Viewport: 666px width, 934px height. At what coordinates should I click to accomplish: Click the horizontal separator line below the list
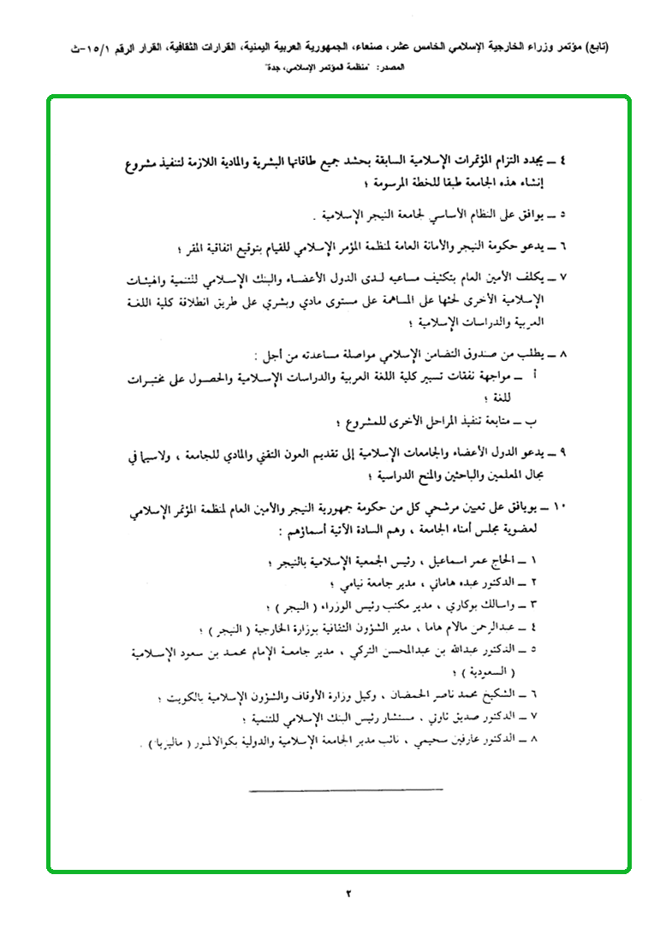pyautogui.click(x=347, y=788)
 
